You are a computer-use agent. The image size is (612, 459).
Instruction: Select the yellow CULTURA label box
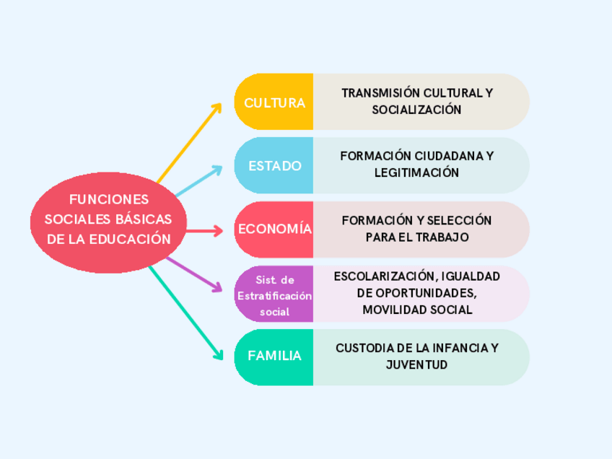point(274,102)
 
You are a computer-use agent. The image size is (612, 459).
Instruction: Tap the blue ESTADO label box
point(274,165)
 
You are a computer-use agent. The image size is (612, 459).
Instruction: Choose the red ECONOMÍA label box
point(274,229)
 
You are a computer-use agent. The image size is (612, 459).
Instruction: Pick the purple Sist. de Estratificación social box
point(274,294)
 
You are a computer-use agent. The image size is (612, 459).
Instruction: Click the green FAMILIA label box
point(274,357)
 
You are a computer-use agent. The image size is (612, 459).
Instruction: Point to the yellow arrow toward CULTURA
point(189,141)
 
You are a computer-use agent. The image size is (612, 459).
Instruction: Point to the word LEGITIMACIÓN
point(416,173)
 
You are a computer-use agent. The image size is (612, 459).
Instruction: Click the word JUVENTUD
point(416,364)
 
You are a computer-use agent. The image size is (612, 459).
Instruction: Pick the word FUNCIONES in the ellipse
point(108,199)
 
